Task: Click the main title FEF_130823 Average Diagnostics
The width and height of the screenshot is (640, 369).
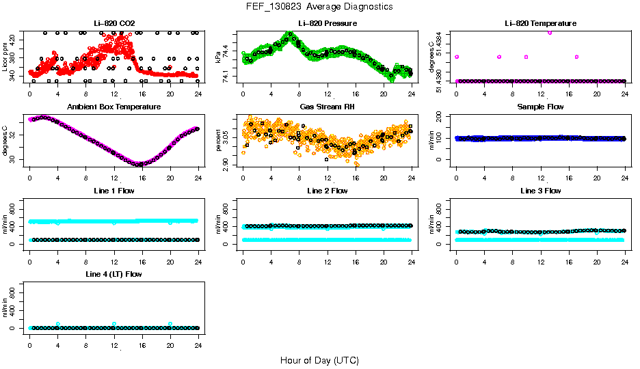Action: pos(320,7)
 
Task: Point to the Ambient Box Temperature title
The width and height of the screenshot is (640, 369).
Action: pos(114,107)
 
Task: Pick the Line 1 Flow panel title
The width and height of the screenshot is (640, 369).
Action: pos(114,191)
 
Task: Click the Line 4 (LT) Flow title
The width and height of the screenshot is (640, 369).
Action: pos(114,274)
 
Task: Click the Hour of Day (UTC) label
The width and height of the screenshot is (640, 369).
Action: pos(319,360)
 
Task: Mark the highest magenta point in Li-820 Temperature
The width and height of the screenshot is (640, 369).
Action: pos(550,32)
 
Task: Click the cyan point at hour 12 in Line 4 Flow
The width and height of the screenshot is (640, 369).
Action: pos(114,324)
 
